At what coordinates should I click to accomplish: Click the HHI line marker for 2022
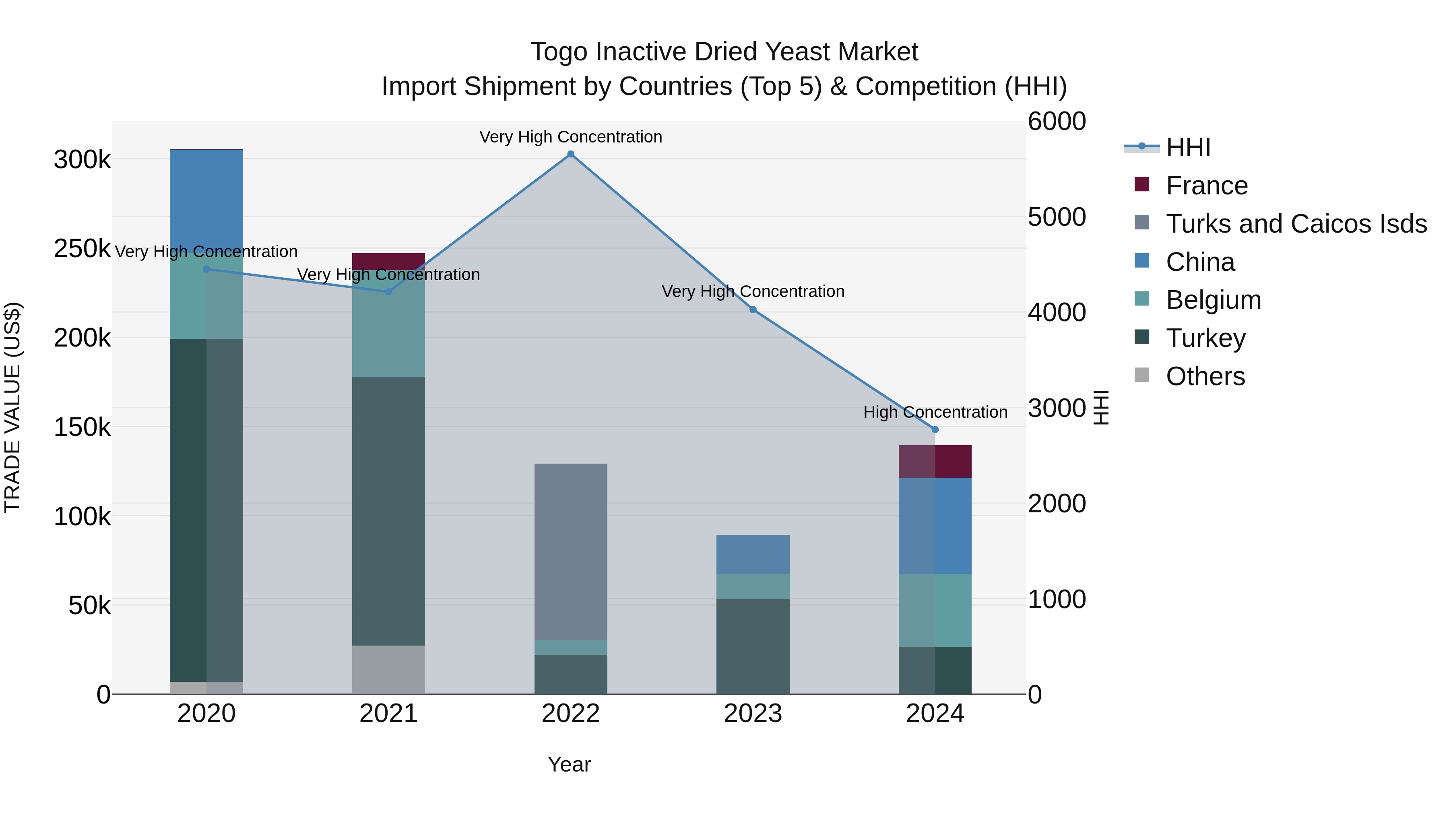570,154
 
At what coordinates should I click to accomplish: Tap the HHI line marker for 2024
935,430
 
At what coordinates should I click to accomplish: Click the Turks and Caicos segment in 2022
570,551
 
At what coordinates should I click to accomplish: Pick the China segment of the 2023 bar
753,554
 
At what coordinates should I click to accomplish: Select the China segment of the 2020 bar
206,197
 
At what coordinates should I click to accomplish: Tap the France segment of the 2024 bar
935,461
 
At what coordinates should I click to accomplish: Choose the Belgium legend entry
1213,300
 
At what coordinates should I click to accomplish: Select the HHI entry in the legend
1187,147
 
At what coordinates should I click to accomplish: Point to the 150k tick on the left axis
82,427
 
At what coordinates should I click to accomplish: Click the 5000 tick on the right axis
1057,217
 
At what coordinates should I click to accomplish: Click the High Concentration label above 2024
935,412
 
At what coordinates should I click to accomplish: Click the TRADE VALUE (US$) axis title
12,407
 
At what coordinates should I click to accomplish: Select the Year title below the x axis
569,764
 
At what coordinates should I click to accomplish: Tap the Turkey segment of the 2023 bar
753,647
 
